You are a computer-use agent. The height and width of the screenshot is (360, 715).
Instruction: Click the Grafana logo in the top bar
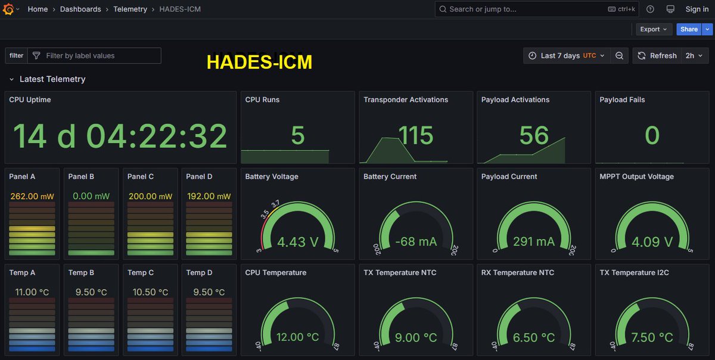(x=9, y=9)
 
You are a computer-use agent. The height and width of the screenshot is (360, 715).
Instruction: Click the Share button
(x=688, y=29)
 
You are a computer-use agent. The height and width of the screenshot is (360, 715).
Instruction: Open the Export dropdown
(x=653, y=29)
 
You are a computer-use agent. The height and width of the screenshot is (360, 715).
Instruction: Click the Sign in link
(x=697, y=9)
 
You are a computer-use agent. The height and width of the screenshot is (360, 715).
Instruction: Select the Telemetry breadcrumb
(x=130, y=9)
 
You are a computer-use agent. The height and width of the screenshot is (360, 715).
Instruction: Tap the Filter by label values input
(x=95, y=55)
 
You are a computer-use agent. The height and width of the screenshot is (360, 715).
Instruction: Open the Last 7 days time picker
(x=566, y=55)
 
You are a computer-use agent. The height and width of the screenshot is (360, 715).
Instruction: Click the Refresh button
(x=657, y=55)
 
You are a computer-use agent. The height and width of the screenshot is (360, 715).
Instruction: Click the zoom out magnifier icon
(x=620, y=55)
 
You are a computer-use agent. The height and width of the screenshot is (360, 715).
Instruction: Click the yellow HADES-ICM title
(x=259, y=62)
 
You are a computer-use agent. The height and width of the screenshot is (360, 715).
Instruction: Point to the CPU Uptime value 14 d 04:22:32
(x=120, y=136)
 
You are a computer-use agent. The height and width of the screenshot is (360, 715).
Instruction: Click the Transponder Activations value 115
(x=415, y=136)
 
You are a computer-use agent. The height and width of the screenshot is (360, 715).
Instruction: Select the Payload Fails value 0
(x=652, y=136)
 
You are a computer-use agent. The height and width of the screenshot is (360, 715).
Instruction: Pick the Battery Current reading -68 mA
(x=415, y=242)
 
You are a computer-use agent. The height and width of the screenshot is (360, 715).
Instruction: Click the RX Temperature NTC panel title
(x=517, y=272)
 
